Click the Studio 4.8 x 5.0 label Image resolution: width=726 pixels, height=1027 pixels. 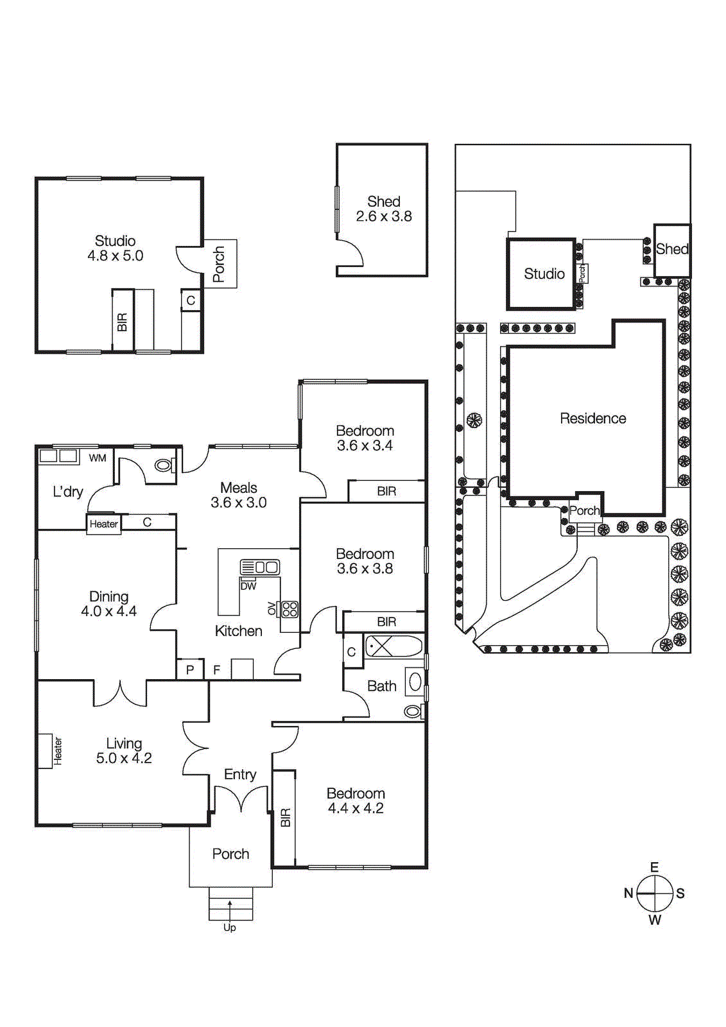(116, 248)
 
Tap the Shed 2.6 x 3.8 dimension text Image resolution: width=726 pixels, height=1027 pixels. (384, 216)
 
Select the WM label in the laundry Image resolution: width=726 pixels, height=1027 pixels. (98, 458)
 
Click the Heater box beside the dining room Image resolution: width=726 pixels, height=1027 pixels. (104, 524)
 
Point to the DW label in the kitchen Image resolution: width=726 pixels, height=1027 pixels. (248, 586)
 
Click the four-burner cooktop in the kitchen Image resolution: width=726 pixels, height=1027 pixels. (290, 608)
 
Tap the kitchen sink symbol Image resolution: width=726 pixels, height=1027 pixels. (260, 567)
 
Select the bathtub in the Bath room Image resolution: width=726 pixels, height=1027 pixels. (393, 646)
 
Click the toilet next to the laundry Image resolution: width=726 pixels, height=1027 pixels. (163, 465)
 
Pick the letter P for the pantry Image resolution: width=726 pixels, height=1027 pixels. (190, 669)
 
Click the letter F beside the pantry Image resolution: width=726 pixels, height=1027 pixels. (217, 669)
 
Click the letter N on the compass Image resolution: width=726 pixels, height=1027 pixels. (628, 893)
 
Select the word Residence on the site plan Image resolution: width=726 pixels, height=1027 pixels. (592, 419)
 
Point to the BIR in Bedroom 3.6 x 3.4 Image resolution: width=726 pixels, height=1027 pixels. (386, 491)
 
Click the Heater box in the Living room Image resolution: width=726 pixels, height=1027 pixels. (46, 751)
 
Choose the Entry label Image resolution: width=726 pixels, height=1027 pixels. (240, 774)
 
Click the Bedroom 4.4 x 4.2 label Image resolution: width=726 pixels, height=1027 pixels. (356, 800)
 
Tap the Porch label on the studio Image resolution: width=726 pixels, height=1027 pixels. (219, 264)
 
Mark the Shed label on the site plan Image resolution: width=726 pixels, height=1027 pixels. (671, 249)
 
